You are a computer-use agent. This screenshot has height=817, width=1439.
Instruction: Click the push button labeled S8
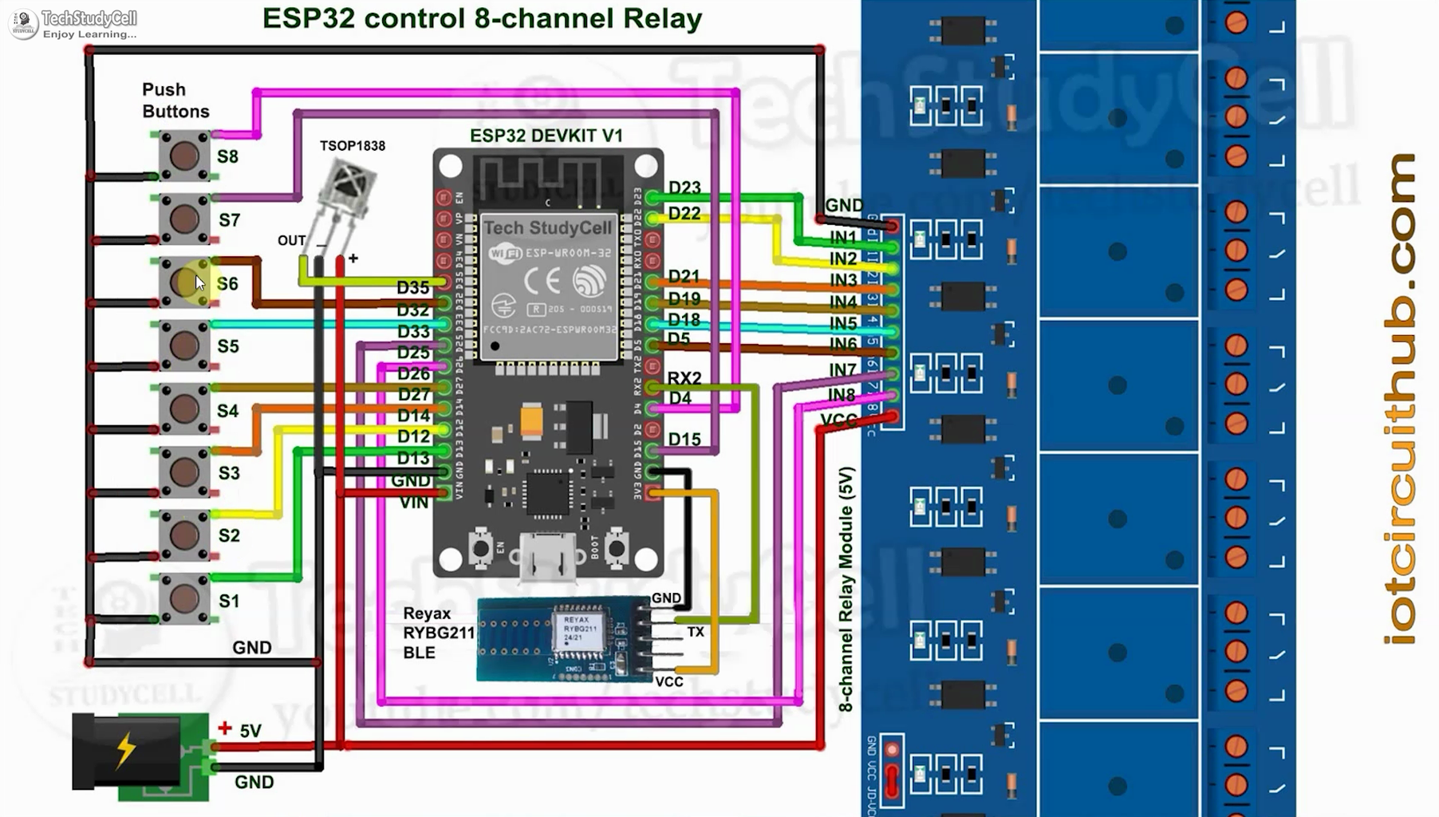(x=184, y=156)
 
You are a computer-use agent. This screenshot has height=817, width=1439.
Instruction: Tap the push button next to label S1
(x=184, y=598)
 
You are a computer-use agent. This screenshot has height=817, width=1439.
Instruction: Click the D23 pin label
(x=684, y=187)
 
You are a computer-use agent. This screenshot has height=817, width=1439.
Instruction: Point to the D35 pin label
(x=413, y=287)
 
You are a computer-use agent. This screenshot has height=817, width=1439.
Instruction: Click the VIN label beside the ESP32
(x=414, y=503)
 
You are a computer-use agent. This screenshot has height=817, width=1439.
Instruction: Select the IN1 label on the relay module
(x=843, y=237)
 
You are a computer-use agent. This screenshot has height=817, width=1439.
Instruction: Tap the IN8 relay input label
(x=842, y=395)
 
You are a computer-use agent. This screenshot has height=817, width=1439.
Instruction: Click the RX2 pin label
(x=684, y=377)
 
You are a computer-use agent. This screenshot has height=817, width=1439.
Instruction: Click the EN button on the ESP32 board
(x=480, y=548)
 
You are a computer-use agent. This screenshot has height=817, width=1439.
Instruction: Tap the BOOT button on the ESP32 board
(x=617, y=548)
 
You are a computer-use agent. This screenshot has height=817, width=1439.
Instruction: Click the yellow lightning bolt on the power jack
(x=126, y=749)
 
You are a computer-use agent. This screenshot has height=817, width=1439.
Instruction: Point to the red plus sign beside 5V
(x=225, y=728)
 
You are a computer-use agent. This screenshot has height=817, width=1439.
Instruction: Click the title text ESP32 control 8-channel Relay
(x=482, y=18)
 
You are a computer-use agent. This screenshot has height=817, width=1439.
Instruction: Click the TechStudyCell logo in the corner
(x=24, y=23)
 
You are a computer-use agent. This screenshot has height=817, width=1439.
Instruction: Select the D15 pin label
(x=684, y=440)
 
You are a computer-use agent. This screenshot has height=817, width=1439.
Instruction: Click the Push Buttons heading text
(x=175, y=101)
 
